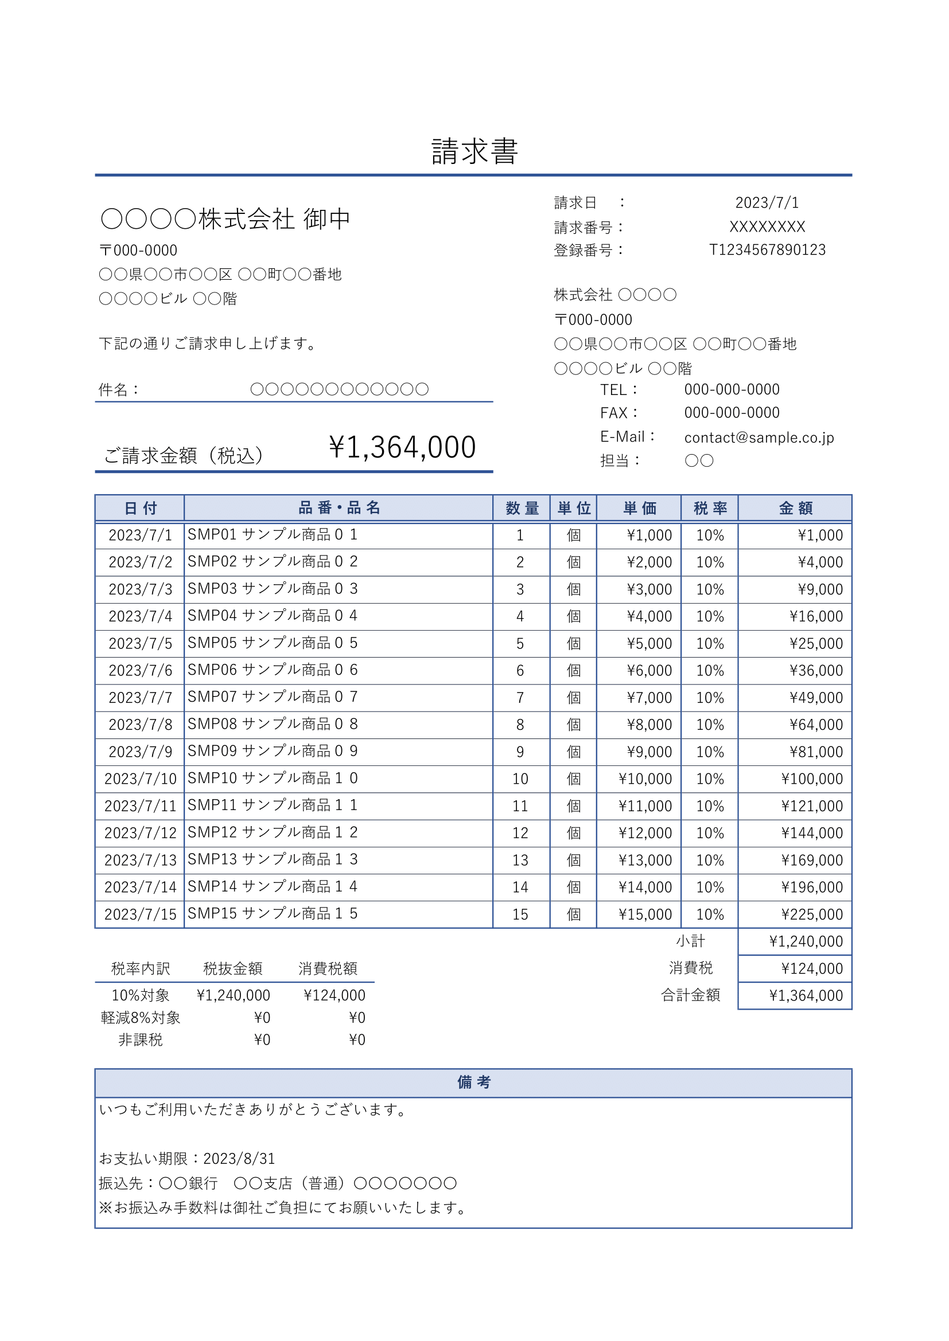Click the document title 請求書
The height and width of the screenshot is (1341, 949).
click(x=474, y=152)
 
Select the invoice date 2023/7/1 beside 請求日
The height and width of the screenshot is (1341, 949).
click(x=766, y=202)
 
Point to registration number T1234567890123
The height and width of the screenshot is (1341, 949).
click(x=767, y=250)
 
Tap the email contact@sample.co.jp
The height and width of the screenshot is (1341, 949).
click(x=759, y=437)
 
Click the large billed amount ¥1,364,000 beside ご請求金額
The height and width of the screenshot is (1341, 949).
click(x=402, y=447)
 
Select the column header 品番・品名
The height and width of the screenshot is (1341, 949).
click(x=339, y=507)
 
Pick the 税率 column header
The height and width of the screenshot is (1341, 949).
click(x=709, y=508)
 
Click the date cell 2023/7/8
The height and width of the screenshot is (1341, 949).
click(x=140, y=725)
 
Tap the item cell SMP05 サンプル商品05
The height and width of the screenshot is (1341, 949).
click(x=273, y=643)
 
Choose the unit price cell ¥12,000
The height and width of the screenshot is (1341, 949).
click(x=645, y=833)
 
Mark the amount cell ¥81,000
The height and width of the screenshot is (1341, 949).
click(x=816, y=752)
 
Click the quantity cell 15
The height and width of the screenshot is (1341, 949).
click(x=519, y=914)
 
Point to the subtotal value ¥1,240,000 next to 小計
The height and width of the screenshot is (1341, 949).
click(x=805, y=941)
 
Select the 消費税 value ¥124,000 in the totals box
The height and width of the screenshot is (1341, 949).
click(x=811, y=968)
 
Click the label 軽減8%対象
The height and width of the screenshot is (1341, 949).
click(x=140, y=1018)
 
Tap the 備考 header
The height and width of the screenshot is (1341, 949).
click(x=473, y=1082)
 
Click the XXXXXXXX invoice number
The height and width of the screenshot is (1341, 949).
click(x=767, y=226)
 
